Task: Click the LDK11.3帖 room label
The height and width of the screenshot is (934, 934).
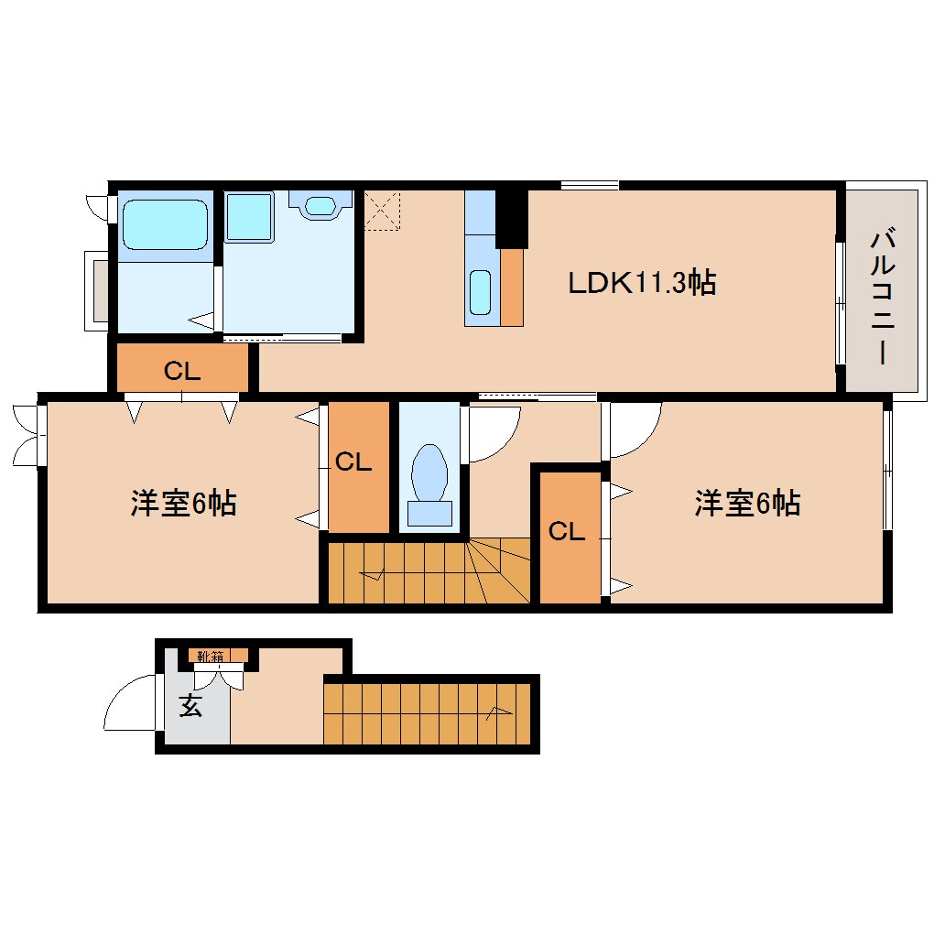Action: pyautogui.click(x=641, y=282)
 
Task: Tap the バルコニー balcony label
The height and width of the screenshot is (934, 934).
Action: pyautogui.click(x=882, y=298)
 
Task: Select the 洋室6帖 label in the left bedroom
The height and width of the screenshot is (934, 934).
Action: pyautogui.click(x=183, y=503)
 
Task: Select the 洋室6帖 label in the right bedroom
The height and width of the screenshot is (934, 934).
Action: pyautogui.click(x=747, y=503)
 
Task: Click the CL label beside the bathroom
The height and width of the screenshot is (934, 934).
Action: pyautogui.click(x=181, y=371)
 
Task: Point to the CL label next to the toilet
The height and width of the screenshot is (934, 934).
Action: pyautogui.click(x=353, y=462)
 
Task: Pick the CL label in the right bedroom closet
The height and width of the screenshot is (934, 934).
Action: pyautogui.click(x=567, y=532)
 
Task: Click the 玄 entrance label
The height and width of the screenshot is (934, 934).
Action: pyautogui.click(x=190, y=707)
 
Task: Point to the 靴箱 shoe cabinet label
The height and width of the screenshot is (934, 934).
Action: pyautogui.click(x=211, y=656)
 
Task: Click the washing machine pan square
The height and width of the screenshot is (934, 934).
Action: pyautogui.click(x=249, y=217)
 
